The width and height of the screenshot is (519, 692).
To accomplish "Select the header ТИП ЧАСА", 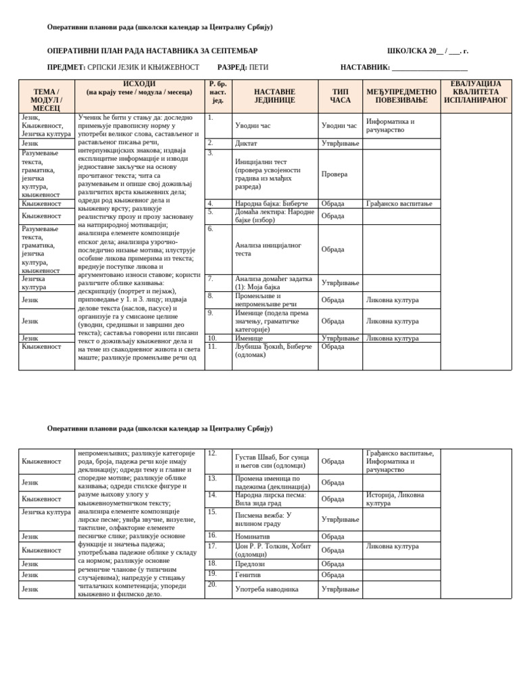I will point(340,96).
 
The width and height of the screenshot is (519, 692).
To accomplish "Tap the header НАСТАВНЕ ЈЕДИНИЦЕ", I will point(274,96).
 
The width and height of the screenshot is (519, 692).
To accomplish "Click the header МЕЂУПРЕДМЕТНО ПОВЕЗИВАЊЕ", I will point(401,96).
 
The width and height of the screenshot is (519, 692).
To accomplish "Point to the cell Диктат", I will point(246,143).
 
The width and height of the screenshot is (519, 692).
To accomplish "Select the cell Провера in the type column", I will point(335,174).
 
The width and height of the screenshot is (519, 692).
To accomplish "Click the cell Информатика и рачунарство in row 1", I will point(390,126).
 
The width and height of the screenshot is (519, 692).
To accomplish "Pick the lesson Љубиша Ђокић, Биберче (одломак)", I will point(273,351).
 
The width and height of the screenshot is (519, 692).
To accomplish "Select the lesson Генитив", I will point(247,574).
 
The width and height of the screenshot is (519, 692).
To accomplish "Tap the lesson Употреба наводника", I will point(266,589).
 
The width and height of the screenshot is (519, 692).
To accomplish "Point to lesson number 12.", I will point(212,453).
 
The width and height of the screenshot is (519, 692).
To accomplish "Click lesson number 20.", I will point(212,584).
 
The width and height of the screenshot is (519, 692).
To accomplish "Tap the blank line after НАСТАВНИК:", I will point(429,68).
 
